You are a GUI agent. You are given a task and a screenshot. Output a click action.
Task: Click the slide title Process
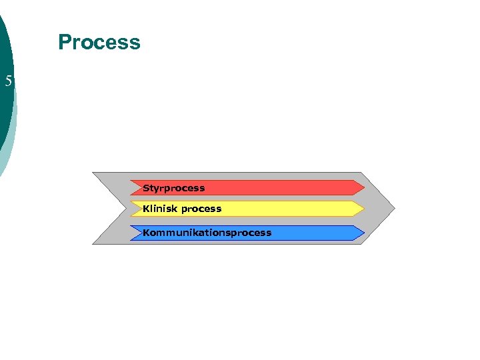click(99, 42)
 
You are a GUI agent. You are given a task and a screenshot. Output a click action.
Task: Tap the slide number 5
click(9, 82)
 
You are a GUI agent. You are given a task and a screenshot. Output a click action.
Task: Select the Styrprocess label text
click(173, 188)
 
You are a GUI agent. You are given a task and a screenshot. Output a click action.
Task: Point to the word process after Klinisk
click(201, 209)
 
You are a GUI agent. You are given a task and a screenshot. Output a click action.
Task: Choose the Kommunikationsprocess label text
click(207, 233)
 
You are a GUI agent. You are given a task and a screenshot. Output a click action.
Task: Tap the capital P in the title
click(65, 42)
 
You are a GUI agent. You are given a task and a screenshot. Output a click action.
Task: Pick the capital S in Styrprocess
click(146, 188)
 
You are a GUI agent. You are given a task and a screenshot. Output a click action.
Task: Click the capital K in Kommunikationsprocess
click(146, 233)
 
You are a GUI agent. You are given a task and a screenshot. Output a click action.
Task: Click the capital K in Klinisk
click(146, 209)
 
